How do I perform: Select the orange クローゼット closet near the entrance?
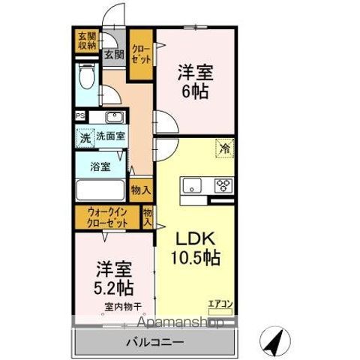coord(140,54)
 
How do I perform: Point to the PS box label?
coord(79,116)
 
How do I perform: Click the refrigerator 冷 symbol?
coord(224,148)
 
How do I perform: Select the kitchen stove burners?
coord(223,184)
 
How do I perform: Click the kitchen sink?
coord(190,184)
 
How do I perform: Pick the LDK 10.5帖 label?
coord(196,247)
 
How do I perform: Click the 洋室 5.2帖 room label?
coord(114,277)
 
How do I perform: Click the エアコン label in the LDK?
coord(220,303)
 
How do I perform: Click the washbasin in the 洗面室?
coord(114,116)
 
